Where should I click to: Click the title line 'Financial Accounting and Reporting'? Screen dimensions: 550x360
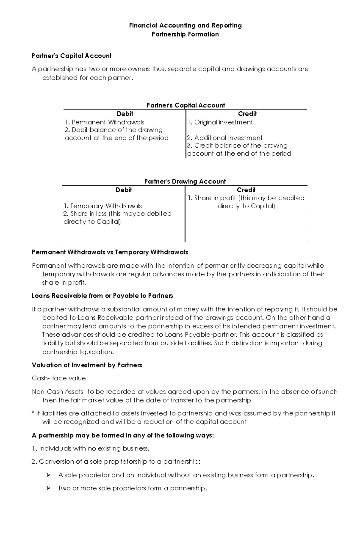(185, 25)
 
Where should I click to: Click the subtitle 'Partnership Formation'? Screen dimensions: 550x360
(185, 34)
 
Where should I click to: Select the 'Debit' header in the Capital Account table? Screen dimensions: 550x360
(125, 114)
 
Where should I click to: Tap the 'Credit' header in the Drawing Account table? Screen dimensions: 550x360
(246, 190)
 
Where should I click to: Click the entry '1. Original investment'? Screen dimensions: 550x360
(220, 122)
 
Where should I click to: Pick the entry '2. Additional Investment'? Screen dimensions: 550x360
(225, 138)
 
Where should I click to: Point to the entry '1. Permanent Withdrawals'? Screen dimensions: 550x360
(104, 122)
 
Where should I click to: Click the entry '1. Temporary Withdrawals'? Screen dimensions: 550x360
(103, 206)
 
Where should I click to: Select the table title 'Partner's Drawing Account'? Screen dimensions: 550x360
(185, 181)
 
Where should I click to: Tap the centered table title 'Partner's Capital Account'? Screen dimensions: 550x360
(185, 105)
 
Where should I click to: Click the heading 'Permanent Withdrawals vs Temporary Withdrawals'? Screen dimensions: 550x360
(110, 252)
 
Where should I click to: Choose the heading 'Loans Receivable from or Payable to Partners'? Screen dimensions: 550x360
(102, 296)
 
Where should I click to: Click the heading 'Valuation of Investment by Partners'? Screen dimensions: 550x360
(87, 365)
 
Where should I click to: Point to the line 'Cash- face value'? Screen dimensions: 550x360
(59, 378)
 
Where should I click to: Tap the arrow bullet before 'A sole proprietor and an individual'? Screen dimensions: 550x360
(48, 475)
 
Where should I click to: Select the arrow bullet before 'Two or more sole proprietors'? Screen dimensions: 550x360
(48, 488)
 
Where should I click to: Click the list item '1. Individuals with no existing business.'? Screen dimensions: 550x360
(90, 448)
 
